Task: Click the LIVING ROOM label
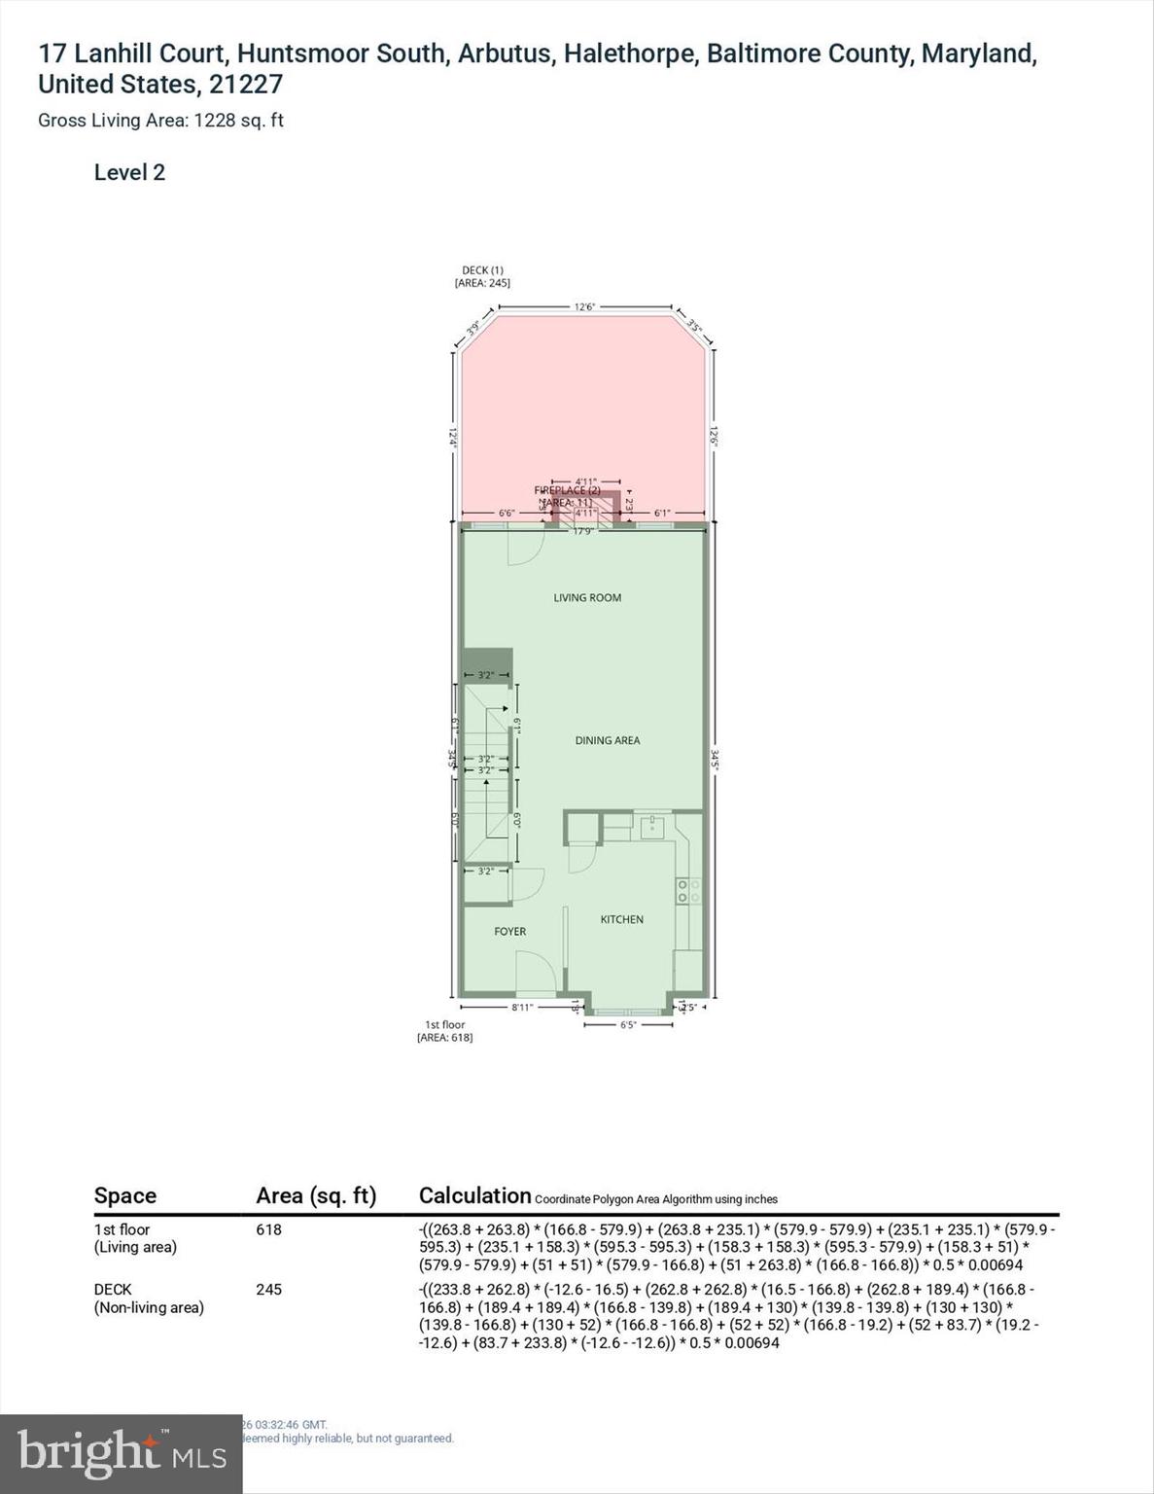587,598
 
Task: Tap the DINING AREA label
607,740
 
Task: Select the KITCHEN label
621,919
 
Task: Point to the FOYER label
509,932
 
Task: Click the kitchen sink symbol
650,828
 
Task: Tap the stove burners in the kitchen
688,891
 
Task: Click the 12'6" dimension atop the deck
583,306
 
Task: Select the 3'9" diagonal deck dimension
473,328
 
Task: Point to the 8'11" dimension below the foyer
522,1008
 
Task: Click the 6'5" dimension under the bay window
627,1024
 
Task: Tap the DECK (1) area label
482,276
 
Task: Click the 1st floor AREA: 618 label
444,1031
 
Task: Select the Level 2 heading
129,173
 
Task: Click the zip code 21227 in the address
245,85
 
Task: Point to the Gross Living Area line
160,121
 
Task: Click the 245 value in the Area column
268,1290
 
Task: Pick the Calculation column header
474,1195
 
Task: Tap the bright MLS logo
121,1453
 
